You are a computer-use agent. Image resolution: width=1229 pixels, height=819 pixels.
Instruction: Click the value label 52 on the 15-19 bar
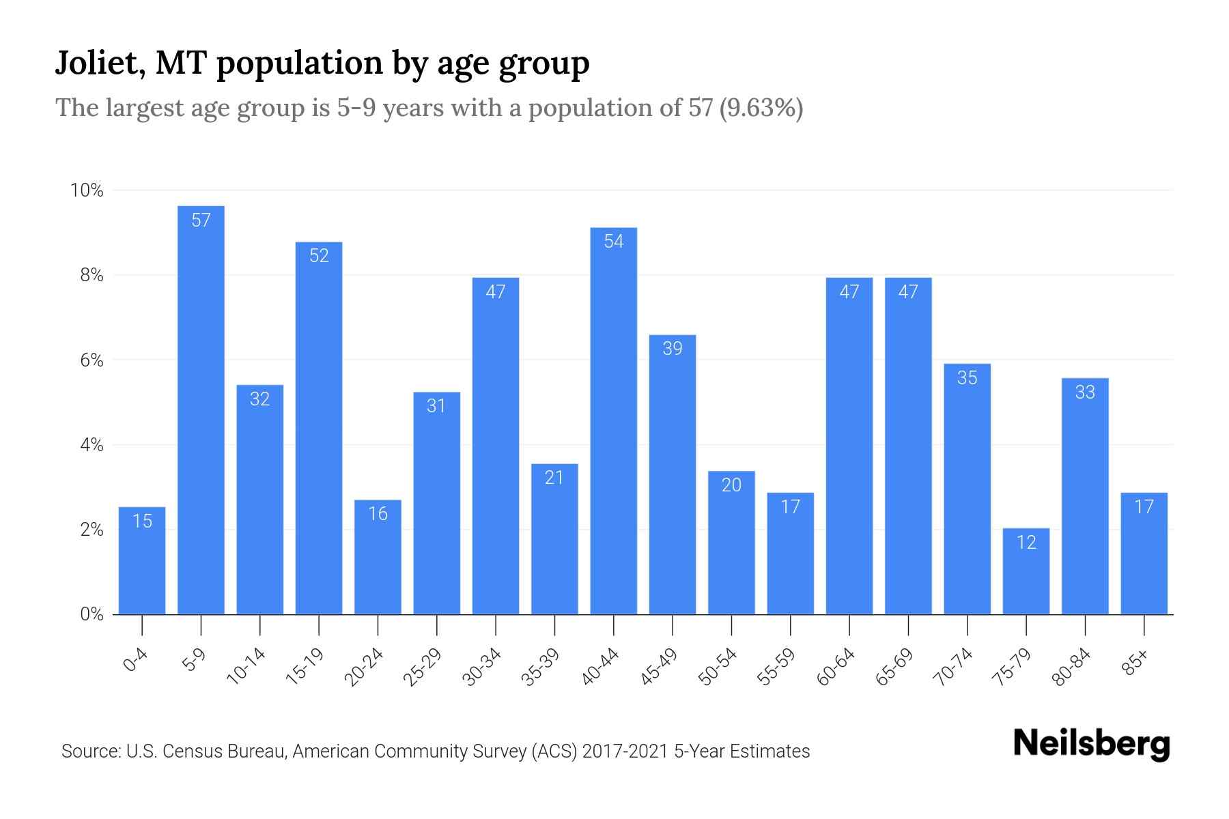click(x=319, y=256)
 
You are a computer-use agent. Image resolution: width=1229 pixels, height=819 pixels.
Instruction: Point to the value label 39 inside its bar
click(x=673, y=349)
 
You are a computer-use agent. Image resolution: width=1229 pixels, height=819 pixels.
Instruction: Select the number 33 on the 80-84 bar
click(x=1085, y=392)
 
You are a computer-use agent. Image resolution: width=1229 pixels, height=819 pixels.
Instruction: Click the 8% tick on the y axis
click(x=91, y=276)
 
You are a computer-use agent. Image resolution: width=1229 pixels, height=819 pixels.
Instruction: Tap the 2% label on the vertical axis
click(x=91, y=530)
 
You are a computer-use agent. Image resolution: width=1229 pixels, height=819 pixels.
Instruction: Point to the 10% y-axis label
click(x=87, y=190)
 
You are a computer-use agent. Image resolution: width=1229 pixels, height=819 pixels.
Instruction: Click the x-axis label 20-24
click(x=365, y=667)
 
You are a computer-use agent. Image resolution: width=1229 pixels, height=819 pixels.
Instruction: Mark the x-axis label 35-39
click(x=541, y=667)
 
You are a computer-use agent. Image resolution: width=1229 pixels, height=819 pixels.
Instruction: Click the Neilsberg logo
click(x=1091, y=743)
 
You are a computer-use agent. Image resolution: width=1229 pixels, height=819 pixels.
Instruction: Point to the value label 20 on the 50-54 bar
click(x=731, y=485)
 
